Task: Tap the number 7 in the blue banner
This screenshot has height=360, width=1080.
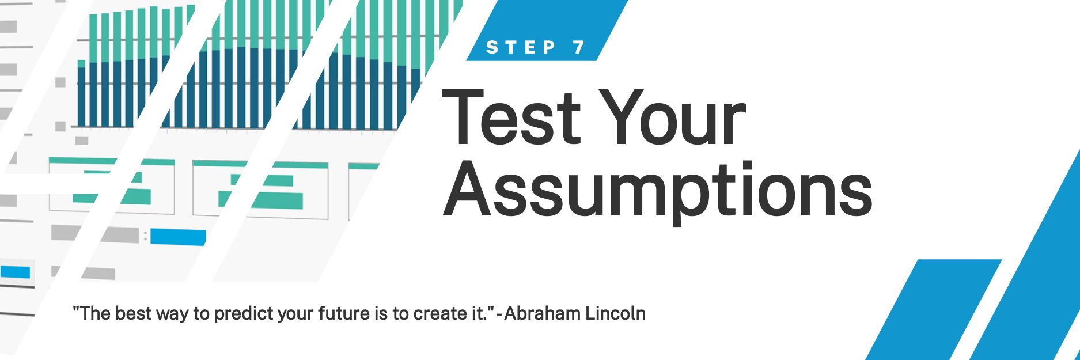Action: point(579,47)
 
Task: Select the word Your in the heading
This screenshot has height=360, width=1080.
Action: point(677,118)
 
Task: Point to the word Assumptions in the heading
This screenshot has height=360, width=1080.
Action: point(657,190)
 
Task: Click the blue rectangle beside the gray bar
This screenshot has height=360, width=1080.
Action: point(178,237)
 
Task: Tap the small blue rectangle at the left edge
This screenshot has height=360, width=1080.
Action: point(15,272)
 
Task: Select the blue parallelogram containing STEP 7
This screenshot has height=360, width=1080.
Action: point(547,30)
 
